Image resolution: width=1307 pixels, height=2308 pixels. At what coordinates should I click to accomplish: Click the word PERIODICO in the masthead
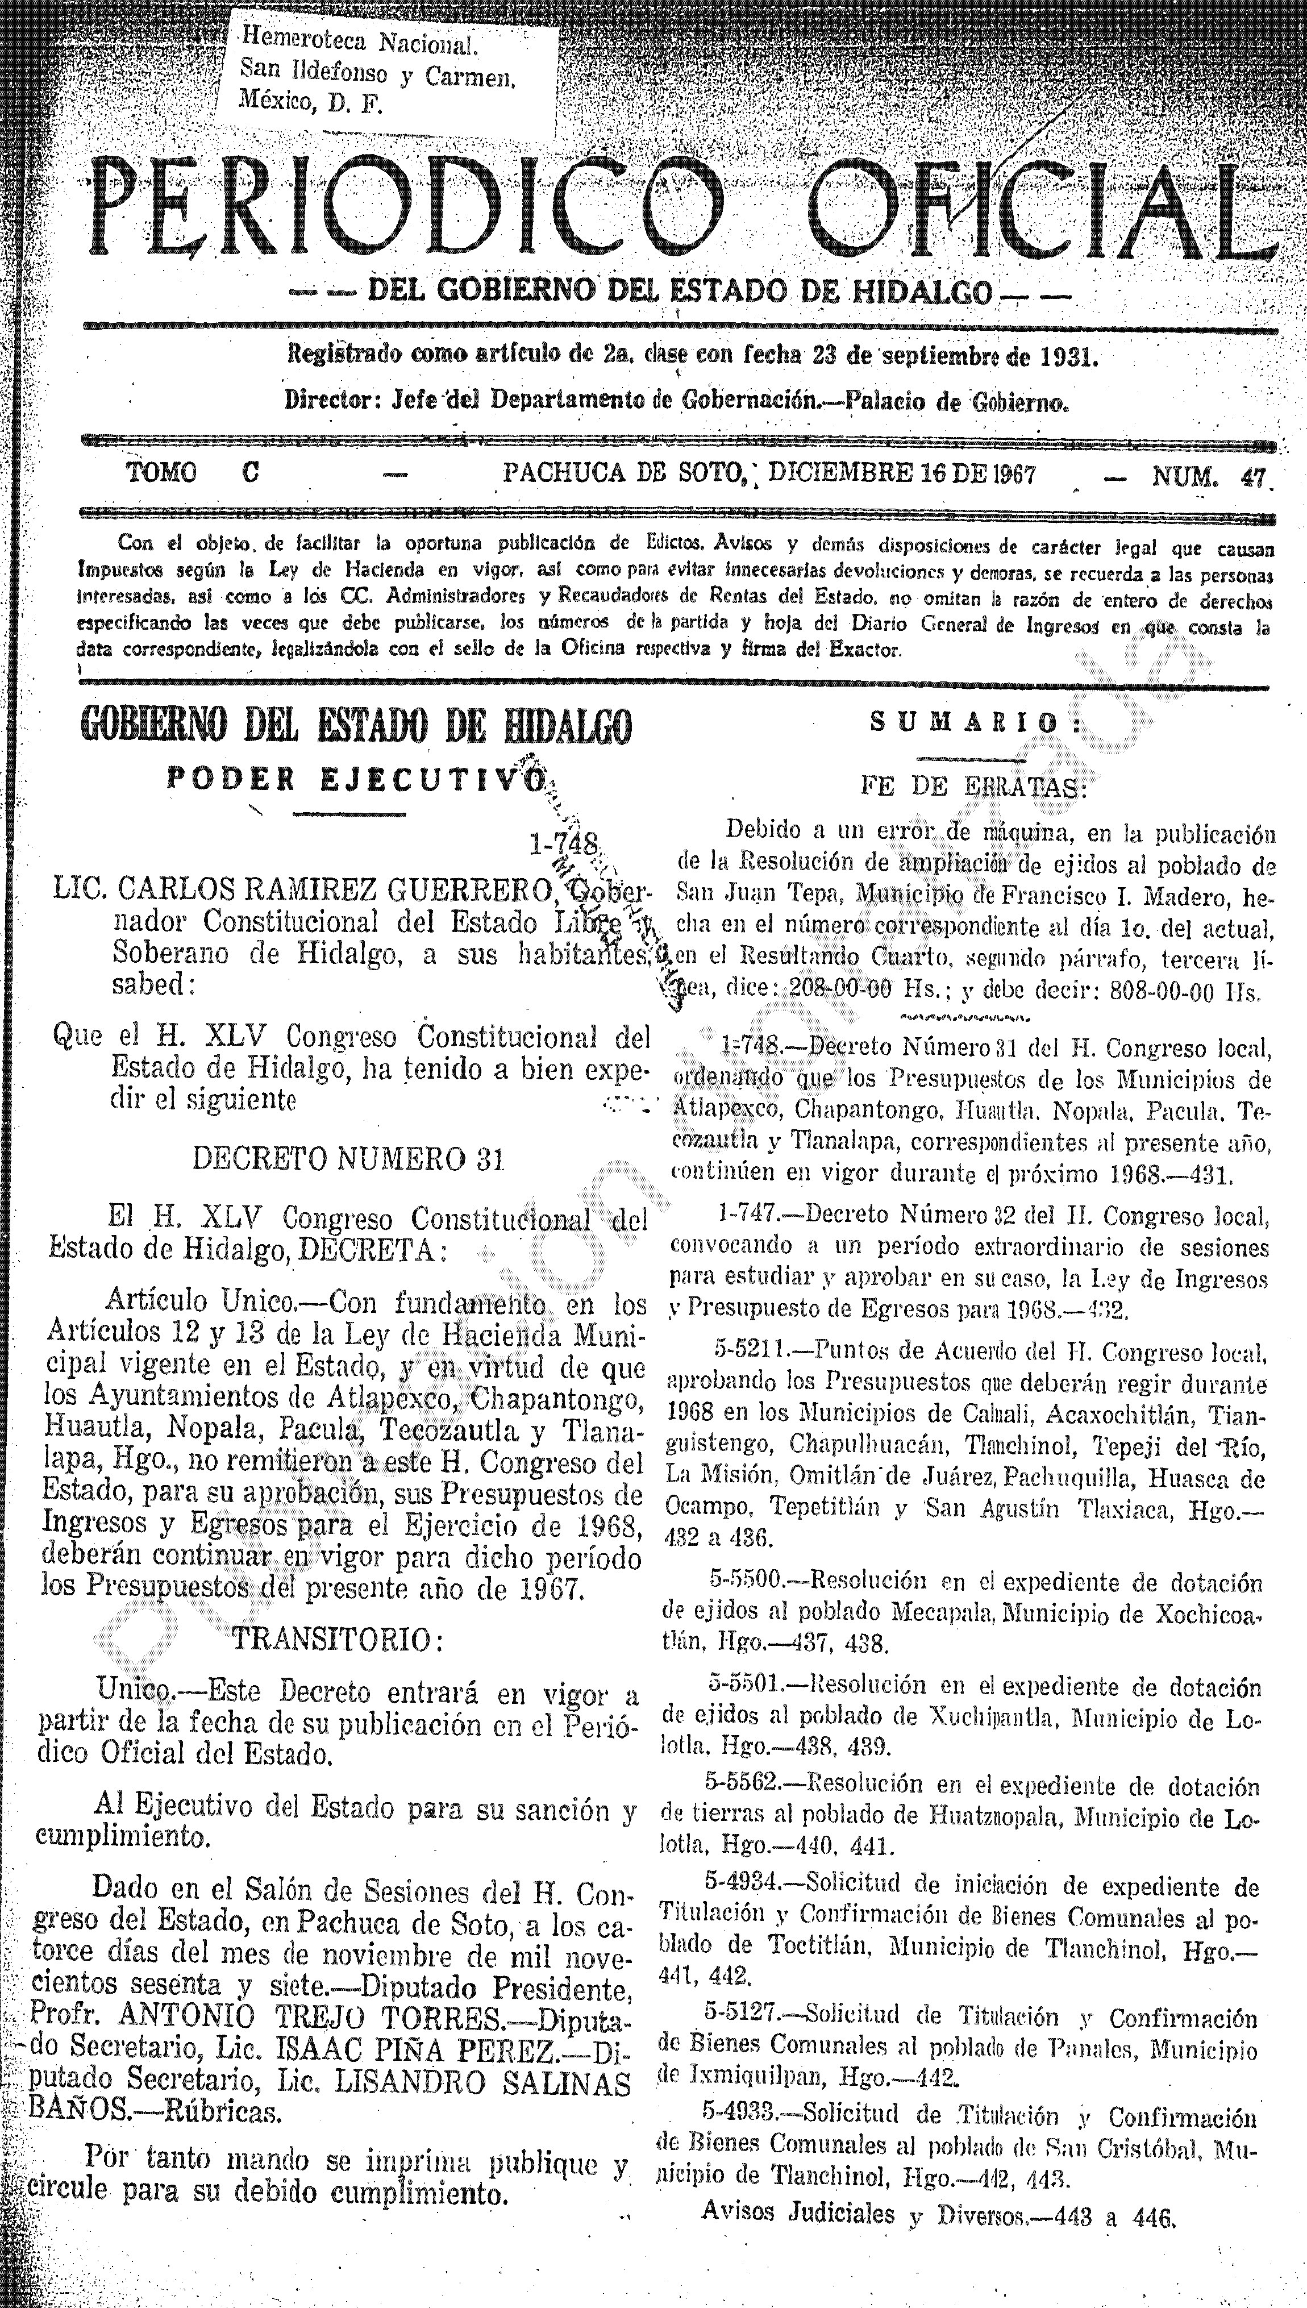[409, 202]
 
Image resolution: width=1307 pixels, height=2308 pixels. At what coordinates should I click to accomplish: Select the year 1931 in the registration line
[1068, 356]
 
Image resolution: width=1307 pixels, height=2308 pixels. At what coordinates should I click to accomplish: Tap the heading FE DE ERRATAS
[974, 787]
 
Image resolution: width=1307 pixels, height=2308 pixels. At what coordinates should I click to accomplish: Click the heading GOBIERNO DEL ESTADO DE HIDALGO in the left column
[356, 725]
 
